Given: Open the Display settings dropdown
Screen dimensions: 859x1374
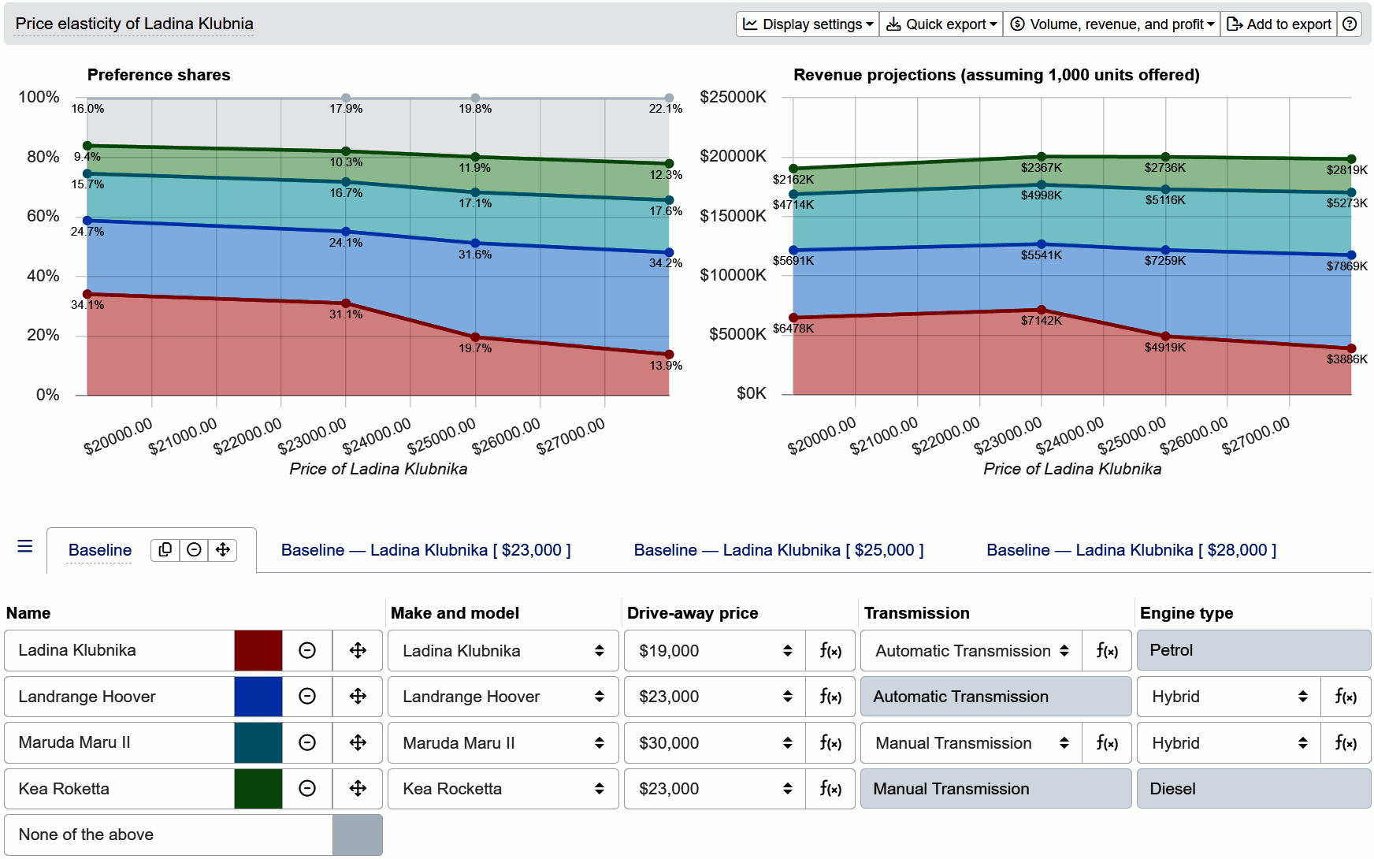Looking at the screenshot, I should [x=808, y=24].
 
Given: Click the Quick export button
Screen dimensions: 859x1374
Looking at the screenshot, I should [x=941, y=24].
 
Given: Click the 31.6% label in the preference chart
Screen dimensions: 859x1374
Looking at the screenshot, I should [x=475, y=255].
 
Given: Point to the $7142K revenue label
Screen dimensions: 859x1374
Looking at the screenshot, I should [x=1041, y=321].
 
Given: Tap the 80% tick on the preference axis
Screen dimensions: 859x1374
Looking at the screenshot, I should [x=43, y=157].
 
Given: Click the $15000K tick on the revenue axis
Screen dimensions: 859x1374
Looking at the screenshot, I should [x=733, y=216].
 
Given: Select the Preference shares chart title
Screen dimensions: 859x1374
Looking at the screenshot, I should [x=158, y=75].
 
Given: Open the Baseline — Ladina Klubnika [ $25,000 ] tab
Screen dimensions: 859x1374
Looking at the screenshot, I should [x=778, y=550].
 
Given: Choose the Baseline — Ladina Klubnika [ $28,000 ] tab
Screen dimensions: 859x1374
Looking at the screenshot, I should [x=1131, y=550].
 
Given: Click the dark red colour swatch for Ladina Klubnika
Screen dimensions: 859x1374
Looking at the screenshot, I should [x=258, y=651].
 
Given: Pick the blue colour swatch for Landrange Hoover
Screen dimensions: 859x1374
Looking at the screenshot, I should [x=258, y=697].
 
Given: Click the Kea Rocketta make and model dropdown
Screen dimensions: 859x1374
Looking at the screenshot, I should [x=503, y=789].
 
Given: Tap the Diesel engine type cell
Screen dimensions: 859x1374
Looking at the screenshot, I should [x=1253, y=789].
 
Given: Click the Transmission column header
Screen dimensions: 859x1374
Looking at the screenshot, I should [x=916, y=613].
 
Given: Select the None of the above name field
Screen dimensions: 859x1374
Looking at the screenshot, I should [x=168, y=835].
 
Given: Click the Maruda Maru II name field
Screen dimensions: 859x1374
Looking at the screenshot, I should [x=118, y=743].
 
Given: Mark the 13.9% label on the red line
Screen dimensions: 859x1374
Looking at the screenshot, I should [x=666, y=366].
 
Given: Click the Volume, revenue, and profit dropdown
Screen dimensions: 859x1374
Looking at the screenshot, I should [x=1112, y=24].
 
